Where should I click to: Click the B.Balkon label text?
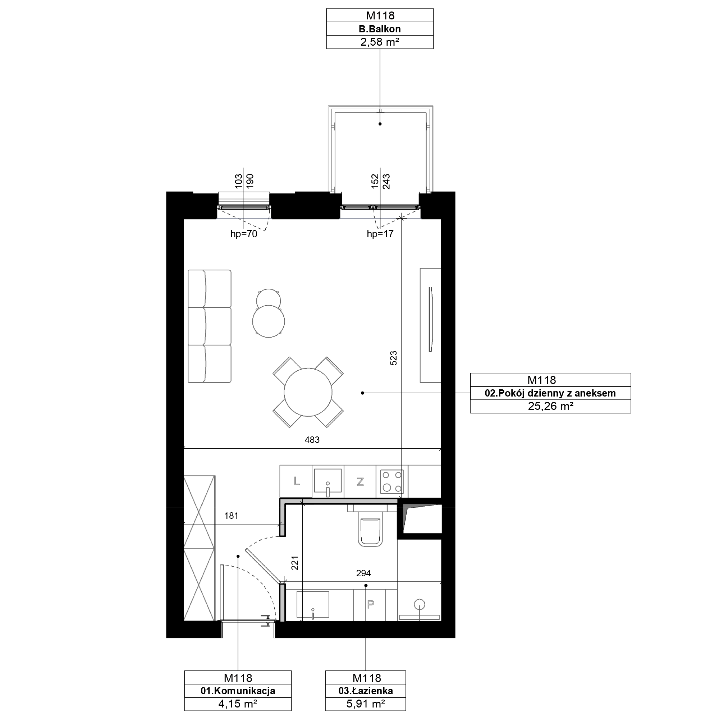tap(380, 29)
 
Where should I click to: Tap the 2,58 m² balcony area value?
tap(380, 42)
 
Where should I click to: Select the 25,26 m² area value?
tap(550, 406)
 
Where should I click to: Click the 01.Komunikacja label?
tap(238, 691)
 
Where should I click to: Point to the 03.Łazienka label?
tap(366, 691)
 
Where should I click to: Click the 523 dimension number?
tap(393, 358)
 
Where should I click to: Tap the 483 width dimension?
tap(312, 440)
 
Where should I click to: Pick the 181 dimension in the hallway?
tap(231, 516)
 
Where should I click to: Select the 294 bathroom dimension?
tap(363, 573)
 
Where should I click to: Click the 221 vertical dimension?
tap(295, 563)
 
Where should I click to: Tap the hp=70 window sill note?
tap(244, 234)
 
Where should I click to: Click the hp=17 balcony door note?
tap(380, 234)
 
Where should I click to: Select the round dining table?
tap(308, 392)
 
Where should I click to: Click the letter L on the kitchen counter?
tap(297, 481)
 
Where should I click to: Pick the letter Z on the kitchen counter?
tap(360, 482)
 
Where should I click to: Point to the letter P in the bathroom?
tap(371, 604)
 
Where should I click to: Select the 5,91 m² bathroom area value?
tap(366, 704)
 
